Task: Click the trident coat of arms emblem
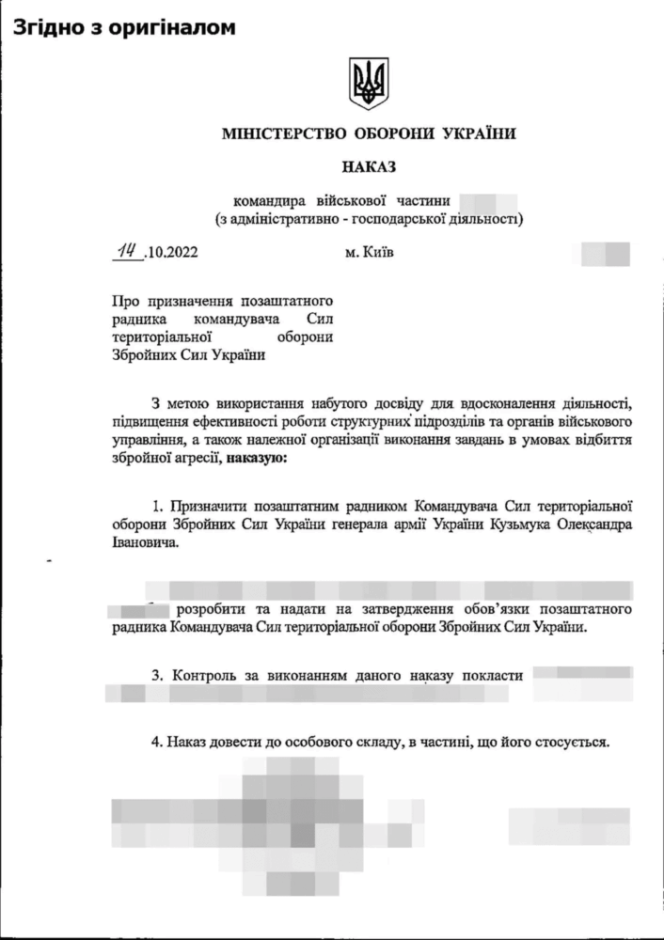(369, 84)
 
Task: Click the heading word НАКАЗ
(370, 167)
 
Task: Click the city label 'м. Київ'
(370, 252)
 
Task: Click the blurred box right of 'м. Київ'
(606, 253)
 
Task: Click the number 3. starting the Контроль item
(157, 674)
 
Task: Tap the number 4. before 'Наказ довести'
(157, 742)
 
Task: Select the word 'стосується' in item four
(577, 742)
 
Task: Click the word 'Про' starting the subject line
(123, 303)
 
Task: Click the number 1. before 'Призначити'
(157, 506)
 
